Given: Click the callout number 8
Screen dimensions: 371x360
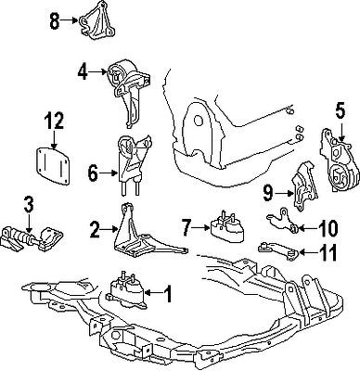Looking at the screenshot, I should coord(54,19).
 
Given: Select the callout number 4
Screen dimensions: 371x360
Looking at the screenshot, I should coord(83,70).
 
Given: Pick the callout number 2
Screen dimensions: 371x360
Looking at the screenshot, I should coord(95,226).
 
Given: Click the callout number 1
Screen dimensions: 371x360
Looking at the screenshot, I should coord(168,295).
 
